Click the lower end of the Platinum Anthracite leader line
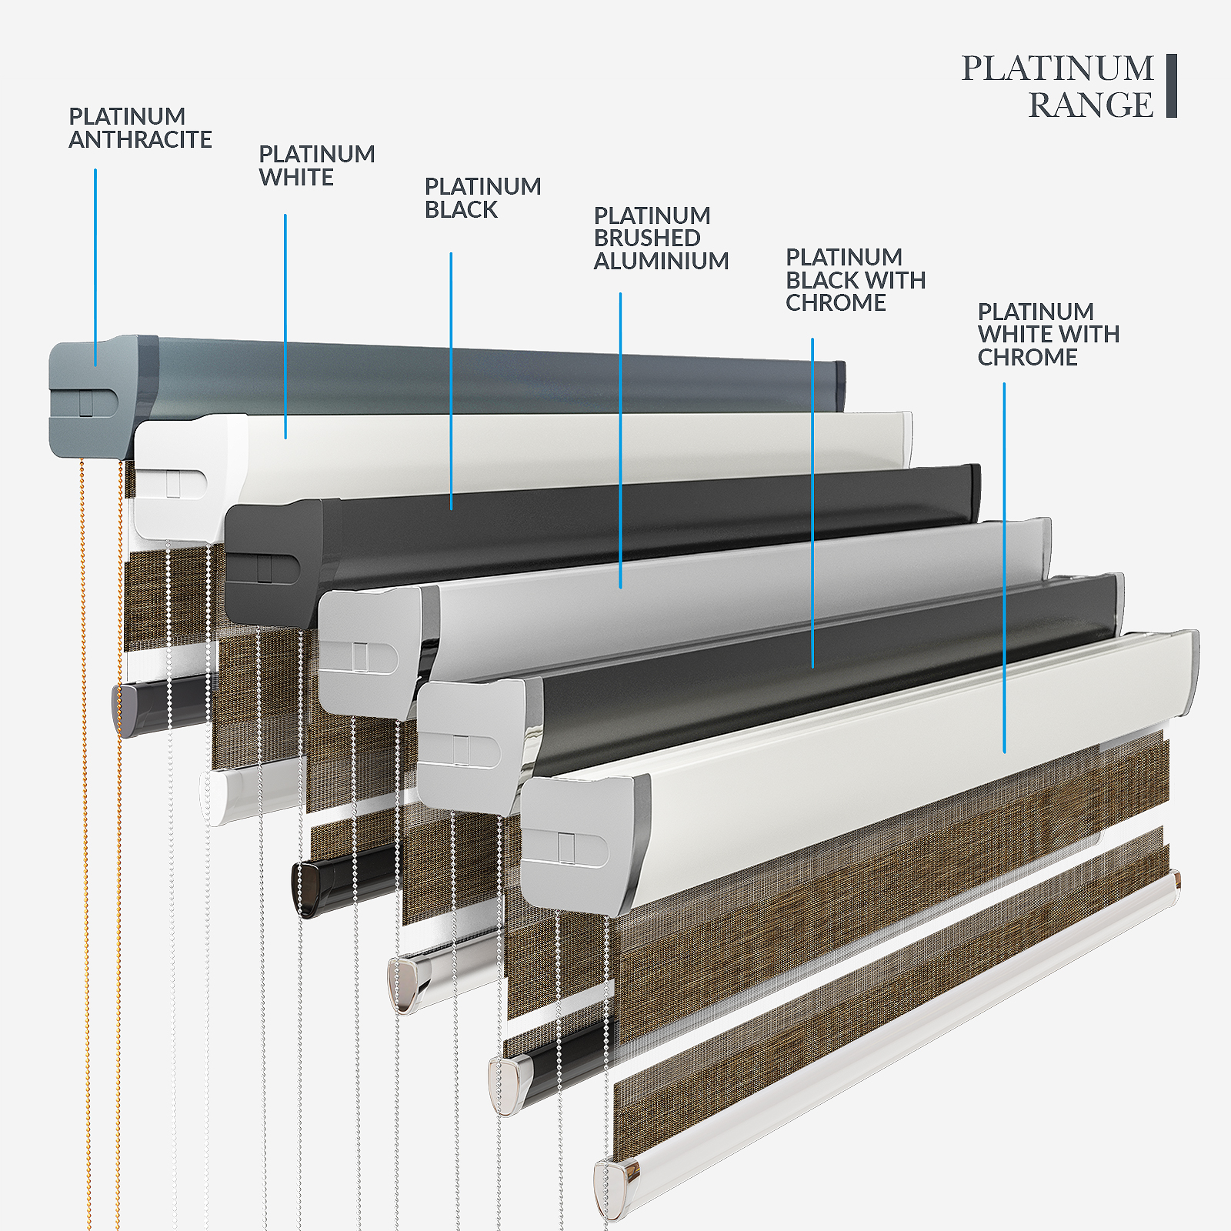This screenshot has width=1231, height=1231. [x=95, y=365]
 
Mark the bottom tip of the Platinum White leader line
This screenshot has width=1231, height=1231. [x=285, y=439]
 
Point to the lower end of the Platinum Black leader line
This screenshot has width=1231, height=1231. [x=451, y=509]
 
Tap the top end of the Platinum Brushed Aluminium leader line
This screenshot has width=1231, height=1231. [x=620, y=293]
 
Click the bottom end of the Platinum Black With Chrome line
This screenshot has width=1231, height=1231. [x=812, y=667]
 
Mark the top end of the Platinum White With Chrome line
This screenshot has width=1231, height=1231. [x=1004, y=384]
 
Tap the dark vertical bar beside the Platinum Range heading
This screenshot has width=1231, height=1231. [x=1171, y=85]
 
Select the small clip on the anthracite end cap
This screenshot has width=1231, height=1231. [x=86, y=403]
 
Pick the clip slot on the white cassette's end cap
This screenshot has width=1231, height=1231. [x=174, y=482]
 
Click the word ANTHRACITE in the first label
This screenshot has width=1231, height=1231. [x=140, y=139]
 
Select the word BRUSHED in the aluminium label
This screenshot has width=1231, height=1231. [x=647, y=238]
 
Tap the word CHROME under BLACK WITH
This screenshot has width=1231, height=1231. [x=836, y=302]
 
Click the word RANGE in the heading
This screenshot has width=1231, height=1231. [x=1091, y=105]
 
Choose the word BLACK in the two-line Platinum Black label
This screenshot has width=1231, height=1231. [x=461, y=209]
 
